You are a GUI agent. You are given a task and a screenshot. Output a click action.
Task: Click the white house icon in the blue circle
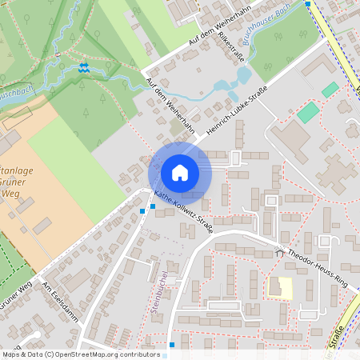pos(180,173)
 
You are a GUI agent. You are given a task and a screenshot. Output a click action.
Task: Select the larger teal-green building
pos(307,113)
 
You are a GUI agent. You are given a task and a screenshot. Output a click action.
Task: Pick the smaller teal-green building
pos(330,90)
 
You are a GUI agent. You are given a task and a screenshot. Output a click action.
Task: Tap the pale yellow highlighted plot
pos(279,287)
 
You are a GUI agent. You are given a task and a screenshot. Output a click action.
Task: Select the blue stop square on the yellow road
pos(308,4)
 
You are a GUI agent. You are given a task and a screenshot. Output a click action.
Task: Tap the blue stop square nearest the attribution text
pos(172,345)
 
